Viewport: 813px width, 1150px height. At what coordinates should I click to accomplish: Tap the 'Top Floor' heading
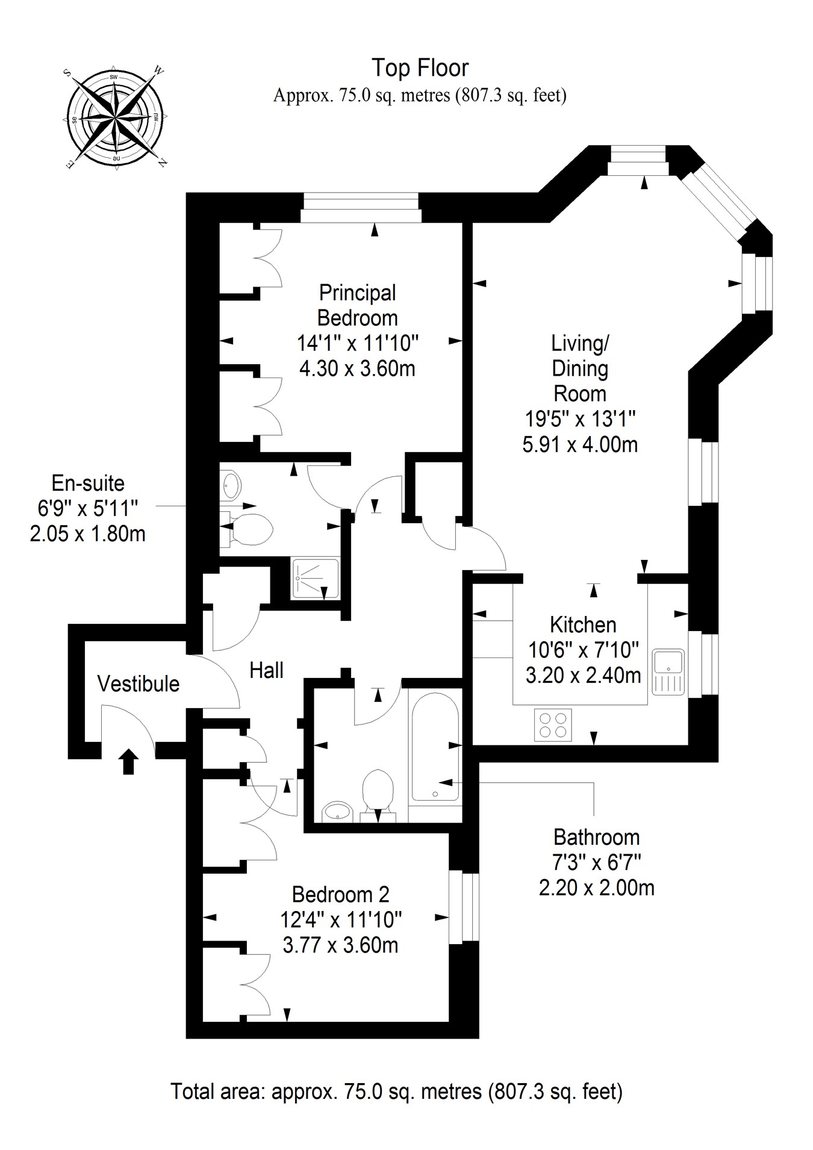420,68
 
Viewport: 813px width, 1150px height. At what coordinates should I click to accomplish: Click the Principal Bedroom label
357,305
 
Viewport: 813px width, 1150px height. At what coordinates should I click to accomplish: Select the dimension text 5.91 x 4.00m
579,445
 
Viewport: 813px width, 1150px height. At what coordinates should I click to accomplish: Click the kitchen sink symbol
668,671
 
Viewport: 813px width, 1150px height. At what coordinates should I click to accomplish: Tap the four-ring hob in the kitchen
553,725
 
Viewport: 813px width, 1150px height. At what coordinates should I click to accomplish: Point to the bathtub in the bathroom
435,748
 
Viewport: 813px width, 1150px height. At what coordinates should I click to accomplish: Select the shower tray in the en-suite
314,578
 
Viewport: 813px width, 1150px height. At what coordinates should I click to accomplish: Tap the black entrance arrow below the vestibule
128,761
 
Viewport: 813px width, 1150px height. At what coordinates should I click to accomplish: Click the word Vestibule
138,684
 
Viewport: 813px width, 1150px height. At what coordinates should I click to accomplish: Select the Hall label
266,670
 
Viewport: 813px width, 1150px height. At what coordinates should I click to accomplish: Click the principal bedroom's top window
360,208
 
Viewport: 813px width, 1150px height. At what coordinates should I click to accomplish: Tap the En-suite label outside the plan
88,483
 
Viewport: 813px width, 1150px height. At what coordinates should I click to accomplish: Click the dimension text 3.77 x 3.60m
340,945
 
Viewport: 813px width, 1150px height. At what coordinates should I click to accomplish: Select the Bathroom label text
596,837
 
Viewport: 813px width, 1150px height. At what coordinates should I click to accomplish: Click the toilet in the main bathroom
378,790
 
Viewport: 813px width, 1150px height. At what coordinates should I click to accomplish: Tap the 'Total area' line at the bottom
396,1091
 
